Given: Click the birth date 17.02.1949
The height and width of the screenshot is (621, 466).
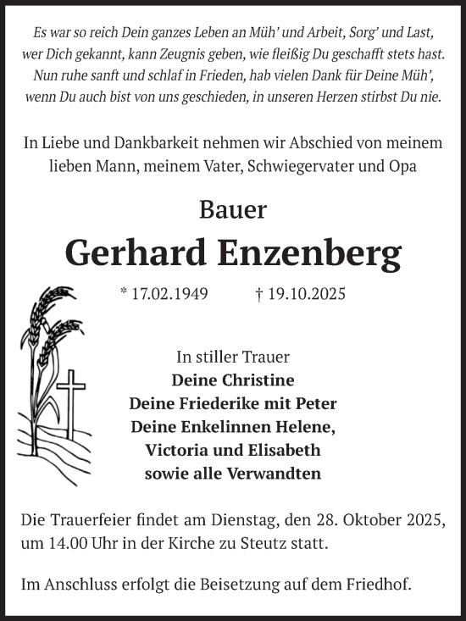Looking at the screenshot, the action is pos(169,295).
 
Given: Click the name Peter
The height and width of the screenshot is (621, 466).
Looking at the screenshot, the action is pos(318,403).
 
